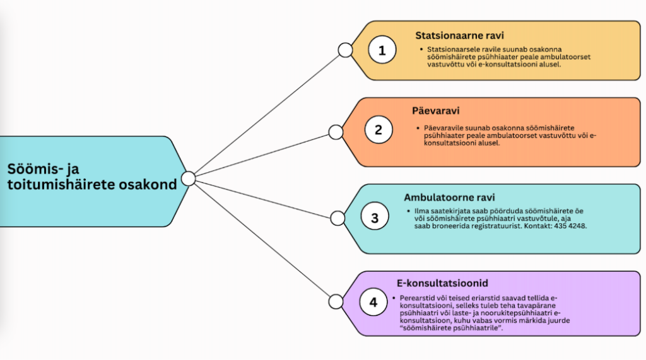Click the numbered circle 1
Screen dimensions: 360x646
(382, 50)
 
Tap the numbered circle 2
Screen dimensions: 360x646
(379, 130)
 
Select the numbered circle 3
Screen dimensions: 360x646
(375, 218)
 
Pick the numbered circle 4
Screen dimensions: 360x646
(373, 303)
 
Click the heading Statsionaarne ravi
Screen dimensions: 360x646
(459, 35)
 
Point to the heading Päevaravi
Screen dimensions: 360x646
(436, 111)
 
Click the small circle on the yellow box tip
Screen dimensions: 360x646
(345, 50)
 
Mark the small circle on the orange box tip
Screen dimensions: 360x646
(336, 132)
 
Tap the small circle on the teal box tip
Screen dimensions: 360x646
(337, 218)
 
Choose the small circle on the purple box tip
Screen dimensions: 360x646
(336, 301)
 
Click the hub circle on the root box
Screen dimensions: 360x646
(188, 178)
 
